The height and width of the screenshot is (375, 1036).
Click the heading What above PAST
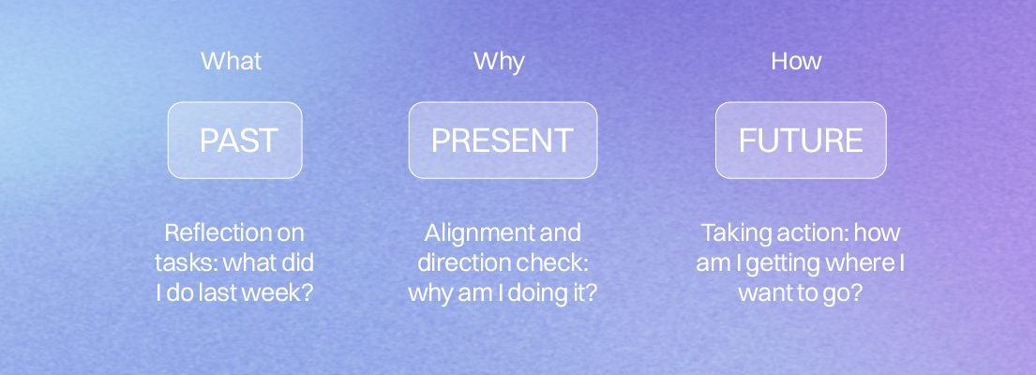(x=232, y=61)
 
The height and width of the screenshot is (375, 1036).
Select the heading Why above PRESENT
(x=499, y=62)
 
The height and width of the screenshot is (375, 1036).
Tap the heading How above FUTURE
(x=796, y=61)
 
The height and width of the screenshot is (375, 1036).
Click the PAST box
(x=235, y=140)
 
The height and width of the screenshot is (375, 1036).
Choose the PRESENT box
(x=503, y=140)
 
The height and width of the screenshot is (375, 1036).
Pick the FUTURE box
(x=801, y=140)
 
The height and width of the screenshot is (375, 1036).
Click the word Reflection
(x=206, y=232)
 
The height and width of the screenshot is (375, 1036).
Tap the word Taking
(x=730, y=233)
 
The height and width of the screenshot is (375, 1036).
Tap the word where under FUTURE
(x=865, y=262)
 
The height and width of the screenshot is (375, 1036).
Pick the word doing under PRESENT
(x=534, y=293)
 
